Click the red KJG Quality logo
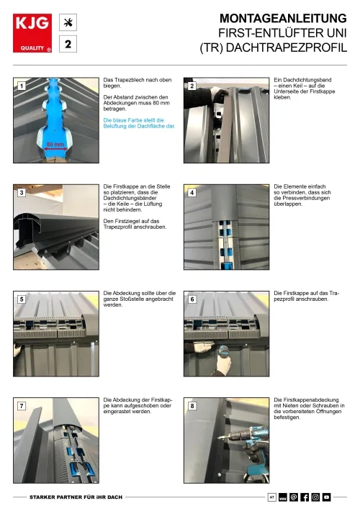coord(32,33)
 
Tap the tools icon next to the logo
coord(68,22)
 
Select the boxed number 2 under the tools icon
coord(68,44)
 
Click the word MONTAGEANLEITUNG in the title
coord(283,18)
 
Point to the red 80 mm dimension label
coord(55,144)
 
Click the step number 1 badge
coord(22,86)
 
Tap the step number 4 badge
coord(192,193)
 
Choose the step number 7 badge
coord(22,406)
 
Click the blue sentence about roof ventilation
coord(139,123)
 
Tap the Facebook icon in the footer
coord(305,497)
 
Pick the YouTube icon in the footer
coord(327,497)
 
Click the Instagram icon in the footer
coord(315,497)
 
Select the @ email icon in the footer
coord(294,497)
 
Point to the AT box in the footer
coord(272,497)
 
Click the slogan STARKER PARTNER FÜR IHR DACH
coord(76,497)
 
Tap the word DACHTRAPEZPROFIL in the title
coord(287,48)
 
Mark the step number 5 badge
coord(22,299)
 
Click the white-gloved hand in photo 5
coord(17,351)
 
